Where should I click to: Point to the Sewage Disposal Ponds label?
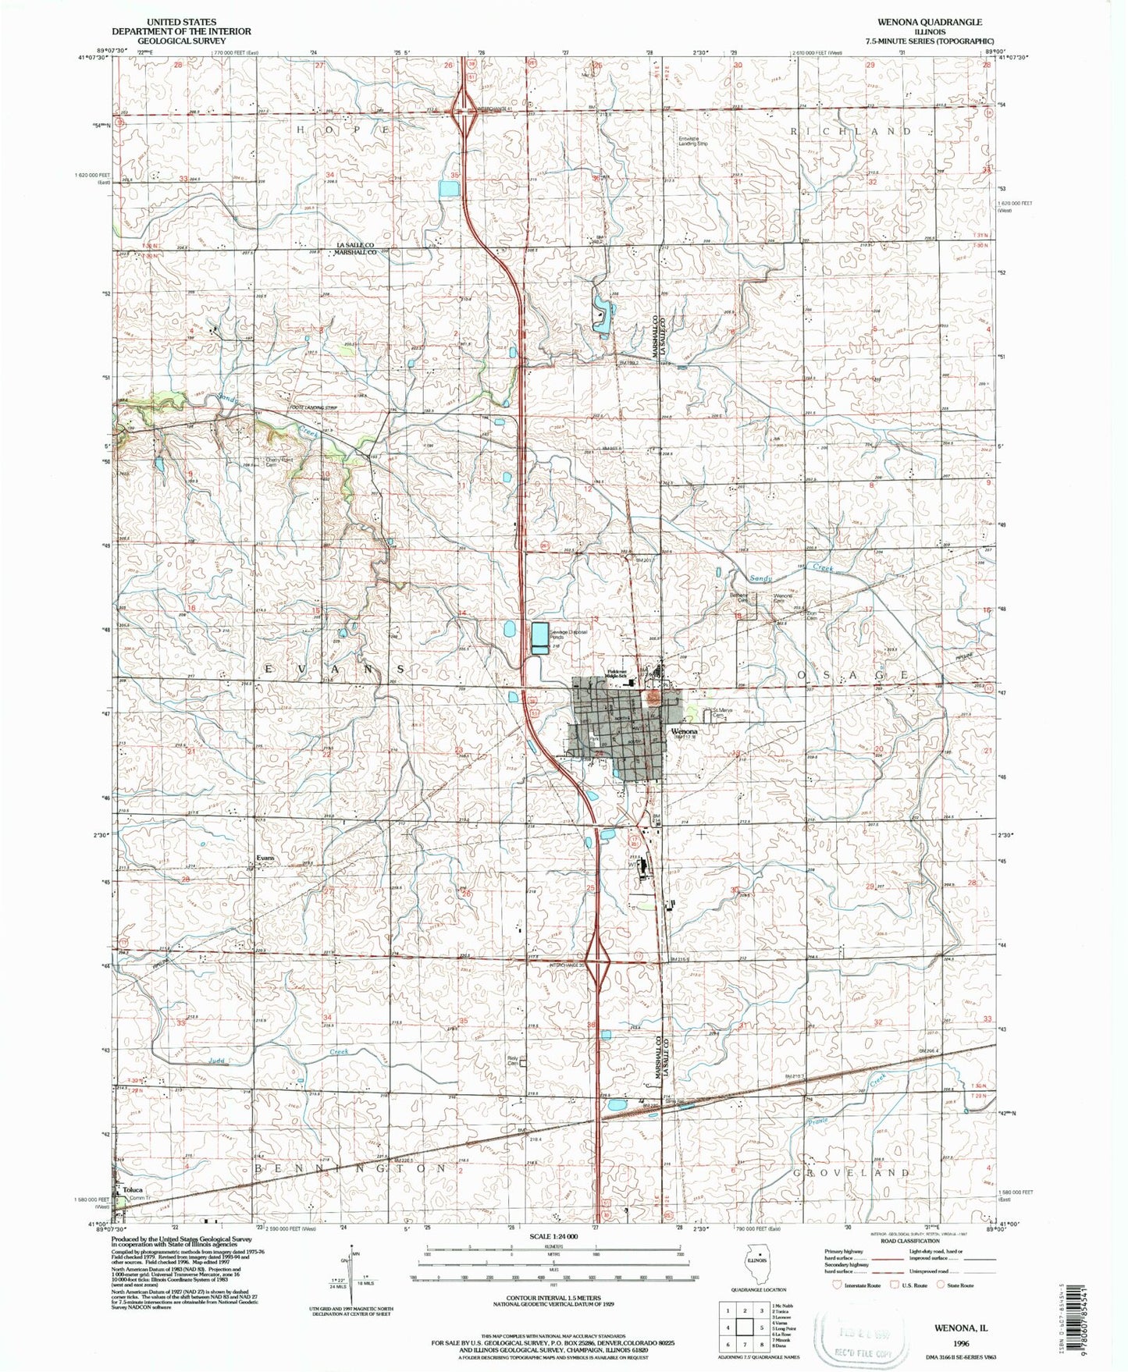point(568,634)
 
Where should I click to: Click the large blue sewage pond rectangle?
point(539,638)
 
